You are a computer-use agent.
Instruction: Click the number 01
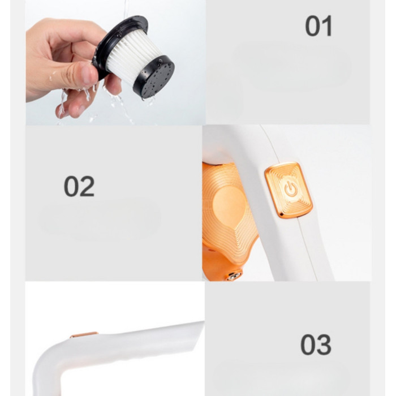click(318, 26)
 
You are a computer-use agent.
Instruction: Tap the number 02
click(79, 186)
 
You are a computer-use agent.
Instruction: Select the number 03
click(316, 345)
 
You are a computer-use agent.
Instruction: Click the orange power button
click(289, 190)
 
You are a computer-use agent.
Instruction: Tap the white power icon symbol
click(291, 189)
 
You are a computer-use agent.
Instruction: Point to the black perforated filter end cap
click(154, 77)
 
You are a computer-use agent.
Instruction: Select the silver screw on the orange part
click(233, 276)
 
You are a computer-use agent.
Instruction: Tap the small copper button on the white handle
click(84, 335)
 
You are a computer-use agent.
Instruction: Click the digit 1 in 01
click(327, 26)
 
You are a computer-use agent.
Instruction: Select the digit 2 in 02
click(87, 186)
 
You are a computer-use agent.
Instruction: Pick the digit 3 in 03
click(324, 345)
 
